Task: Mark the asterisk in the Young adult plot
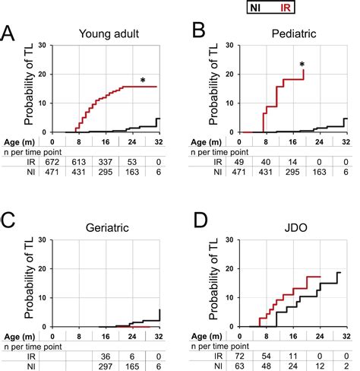(142, 81)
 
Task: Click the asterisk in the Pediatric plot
(302, 65)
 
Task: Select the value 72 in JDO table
(241, 355)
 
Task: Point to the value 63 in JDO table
(241, 366)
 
